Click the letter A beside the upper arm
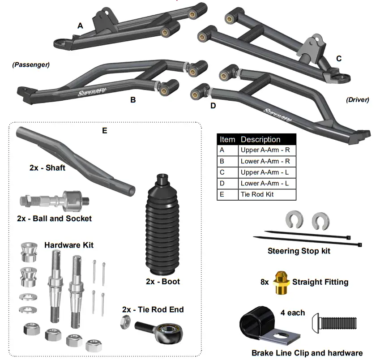[x=80, y=26]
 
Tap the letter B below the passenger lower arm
[x=133, y=100]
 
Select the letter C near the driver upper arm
[x=339, y=59]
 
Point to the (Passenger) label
[x=31, y=64]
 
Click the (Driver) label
[x=358, y=100]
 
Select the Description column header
[x=260, y=139]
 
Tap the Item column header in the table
[x=227, y=139]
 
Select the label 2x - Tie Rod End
[x=153, y=309]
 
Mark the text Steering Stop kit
[x=299, y=251]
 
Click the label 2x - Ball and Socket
[x=54, y=219]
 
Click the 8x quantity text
[x=265, y=282]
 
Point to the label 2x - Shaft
[x=47, y=168]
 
